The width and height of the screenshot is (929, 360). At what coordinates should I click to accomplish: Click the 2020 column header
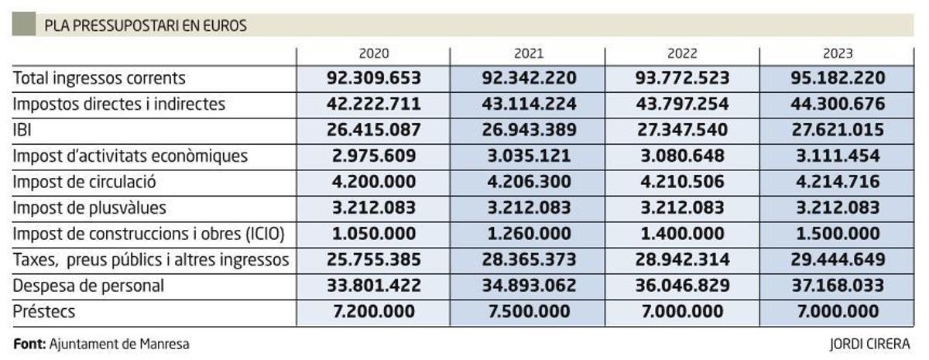[374, 54]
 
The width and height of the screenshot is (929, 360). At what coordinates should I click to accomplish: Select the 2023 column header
[838, 54]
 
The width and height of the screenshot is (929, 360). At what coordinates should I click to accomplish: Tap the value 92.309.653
[374, 78]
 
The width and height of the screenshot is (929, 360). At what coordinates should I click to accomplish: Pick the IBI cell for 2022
[682, 130]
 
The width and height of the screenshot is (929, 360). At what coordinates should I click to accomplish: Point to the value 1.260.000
[529, 234]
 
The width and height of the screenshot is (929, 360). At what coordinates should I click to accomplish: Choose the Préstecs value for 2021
[529, 312]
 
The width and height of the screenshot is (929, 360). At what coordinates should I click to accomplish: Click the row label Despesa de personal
[88, 286]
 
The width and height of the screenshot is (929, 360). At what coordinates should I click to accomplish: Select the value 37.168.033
[838, 286]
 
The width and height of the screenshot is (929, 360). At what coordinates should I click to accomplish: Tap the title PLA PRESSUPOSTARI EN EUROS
[146, 26]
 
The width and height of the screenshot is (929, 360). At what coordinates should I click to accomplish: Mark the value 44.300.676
[838, 104]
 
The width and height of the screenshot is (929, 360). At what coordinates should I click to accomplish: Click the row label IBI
[21, 130]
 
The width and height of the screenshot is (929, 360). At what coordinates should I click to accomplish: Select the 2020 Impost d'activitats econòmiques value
[374, 156]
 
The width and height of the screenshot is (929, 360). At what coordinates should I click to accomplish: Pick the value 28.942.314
[682, 260]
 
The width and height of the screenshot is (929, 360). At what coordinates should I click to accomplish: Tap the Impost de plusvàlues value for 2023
[838, 207]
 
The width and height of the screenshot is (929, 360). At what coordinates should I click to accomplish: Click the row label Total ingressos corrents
[99, 78]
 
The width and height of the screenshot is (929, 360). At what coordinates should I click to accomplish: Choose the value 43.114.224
[529, 104]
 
